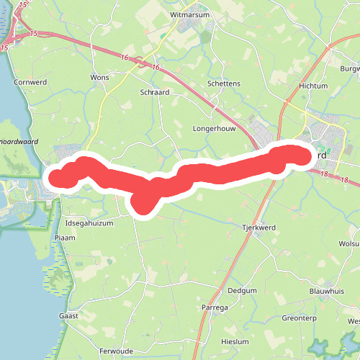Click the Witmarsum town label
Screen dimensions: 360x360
click(189, 14)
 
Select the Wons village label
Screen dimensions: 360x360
click(99, 76)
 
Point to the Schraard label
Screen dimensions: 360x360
click(155, 93)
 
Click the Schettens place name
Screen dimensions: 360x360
click(223, 84)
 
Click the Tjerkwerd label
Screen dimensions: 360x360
click(260, 228)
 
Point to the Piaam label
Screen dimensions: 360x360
click(65, 237)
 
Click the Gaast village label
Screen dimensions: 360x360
click(68, 315)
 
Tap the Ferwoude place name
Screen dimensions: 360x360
click(117, 351)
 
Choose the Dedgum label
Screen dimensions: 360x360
click(242, 290)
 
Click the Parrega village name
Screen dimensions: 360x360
click(215, 308)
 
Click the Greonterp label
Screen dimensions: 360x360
click(300, 317)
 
